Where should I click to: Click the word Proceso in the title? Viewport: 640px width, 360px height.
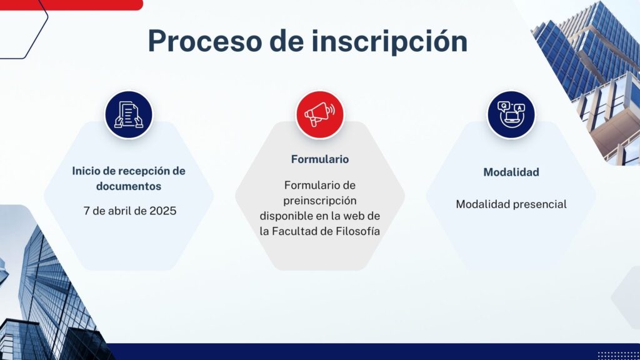coord(204,41)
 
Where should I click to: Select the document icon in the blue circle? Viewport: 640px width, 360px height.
coord(129,115)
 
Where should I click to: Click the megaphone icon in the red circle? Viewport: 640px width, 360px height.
coord(319,115)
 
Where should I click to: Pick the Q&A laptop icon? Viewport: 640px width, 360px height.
coord(511,115)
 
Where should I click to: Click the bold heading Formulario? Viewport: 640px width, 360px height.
coord(320,159)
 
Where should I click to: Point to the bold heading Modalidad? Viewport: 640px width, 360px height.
coord(511,172)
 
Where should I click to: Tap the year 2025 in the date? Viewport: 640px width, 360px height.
coord(163,211)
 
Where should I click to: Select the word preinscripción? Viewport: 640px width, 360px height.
coord(320,201)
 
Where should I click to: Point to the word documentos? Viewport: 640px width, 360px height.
coord(129,186)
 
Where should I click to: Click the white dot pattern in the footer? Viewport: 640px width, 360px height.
coord(618,355)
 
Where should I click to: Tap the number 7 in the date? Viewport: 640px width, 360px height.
coord(86,211)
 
